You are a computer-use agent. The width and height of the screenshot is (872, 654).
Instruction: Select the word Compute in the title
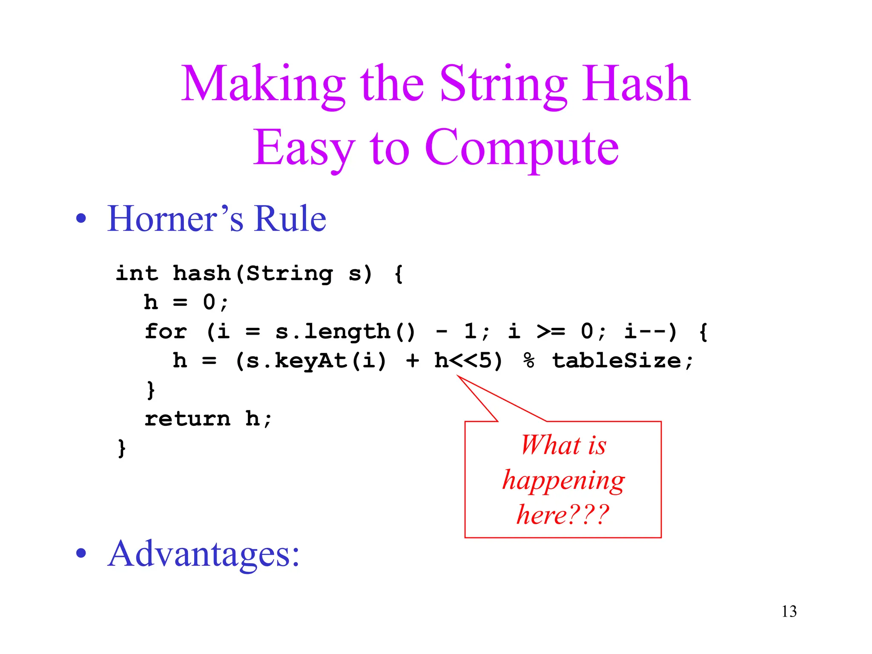[521, 148]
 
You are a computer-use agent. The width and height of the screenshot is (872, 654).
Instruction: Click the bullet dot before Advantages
[81, 553]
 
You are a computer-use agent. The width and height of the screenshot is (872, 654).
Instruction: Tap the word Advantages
[203, 554]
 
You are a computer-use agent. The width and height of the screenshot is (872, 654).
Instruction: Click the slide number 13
[789, 611]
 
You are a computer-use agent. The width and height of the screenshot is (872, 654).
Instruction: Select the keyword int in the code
[136, 273]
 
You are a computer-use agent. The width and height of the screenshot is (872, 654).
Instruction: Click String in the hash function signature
[290, 273]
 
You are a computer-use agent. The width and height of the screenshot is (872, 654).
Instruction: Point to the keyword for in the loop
[166, 331]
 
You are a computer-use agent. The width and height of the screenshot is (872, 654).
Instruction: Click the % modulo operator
[529, 361]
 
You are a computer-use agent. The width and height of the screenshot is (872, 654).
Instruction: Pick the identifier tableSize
[616, 361]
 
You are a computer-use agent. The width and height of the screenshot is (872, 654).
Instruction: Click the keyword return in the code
[187, 419]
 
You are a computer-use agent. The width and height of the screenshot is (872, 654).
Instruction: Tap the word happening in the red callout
[563, 480]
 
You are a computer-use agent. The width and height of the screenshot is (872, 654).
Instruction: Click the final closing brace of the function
[122, 448]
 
